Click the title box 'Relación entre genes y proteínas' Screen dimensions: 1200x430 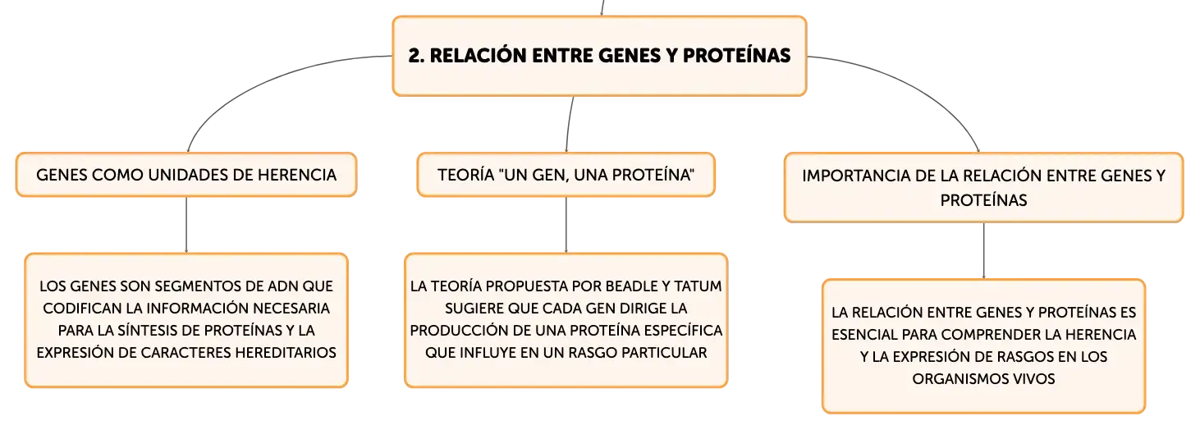599,56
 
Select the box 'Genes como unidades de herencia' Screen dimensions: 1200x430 186,175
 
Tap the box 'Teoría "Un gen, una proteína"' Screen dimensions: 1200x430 566,175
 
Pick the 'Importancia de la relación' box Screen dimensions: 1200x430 983,187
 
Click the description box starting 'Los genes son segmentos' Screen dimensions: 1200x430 186,320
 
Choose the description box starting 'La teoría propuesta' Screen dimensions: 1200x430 566,320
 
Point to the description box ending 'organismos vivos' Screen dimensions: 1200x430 983,346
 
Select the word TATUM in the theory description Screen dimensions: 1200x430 698,286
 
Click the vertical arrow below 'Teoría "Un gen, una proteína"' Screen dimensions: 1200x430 566,225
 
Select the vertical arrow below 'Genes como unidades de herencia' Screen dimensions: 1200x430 186,225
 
